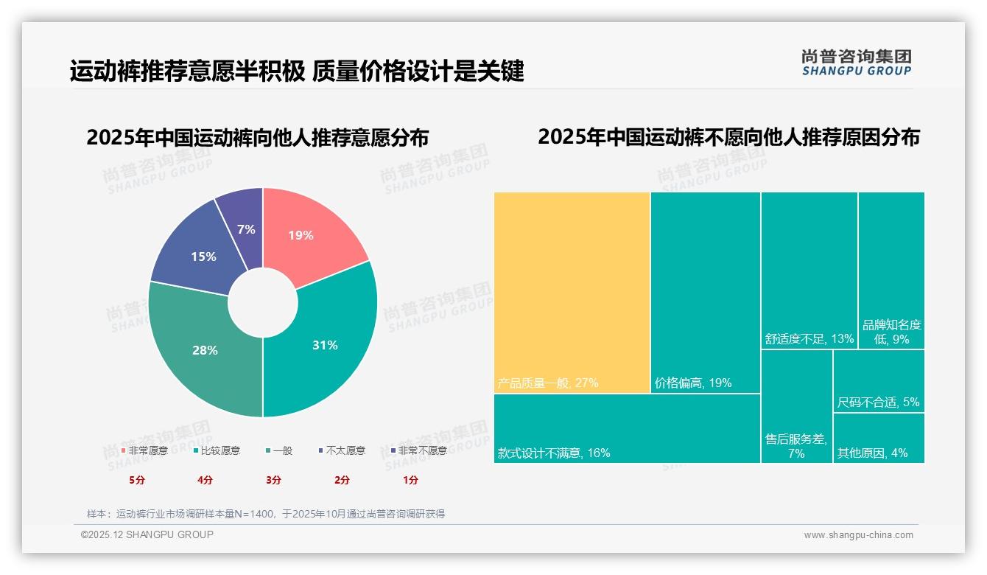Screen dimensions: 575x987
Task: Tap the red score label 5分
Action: coord(138,480)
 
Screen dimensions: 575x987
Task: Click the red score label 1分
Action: coord(410,480)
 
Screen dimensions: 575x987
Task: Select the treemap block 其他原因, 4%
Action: coord(879,438)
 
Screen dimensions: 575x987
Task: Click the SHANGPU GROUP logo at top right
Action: coord(856,63)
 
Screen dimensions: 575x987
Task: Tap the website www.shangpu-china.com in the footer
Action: coord(858,535)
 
